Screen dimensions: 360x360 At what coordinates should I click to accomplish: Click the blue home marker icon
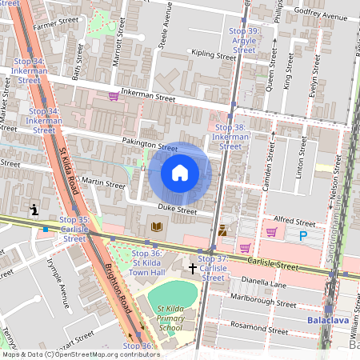(x=180, y=173)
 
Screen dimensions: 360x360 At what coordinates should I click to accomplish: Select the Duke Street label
(x=176, y=210)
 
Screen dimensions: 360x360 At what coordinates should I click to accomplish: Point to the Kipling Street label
(x=211, y=54)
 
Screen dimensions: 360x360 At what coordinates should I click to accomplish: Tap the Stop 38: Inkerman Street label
(x=230, y=137)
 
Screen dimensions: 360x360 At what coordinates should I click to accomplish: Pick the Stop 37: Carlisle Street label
(x=213, y=268)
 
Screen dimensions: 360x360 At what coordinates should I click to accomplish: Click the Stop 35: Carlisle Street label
(x=74, y=229)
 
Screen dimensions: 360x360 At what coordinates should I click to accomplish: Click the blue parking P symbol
(x=302, y=235)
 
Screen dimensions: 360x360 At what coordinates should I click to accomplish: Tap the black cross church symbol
(x=192, y=267)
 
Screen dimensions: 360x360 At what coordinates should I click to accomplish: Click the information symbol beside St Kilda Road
(x=34, y=210)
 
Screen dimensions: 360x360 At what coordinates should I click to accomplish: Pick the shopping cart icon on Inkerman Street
(x=114, y=96)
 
